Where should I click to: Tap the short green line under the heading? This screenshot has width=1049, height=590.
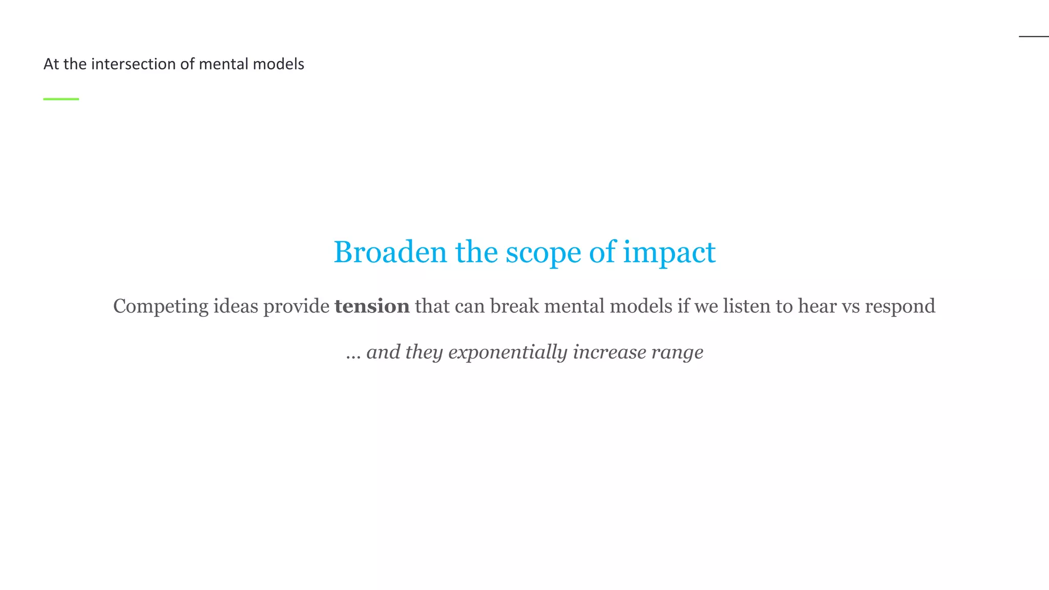(61, 99)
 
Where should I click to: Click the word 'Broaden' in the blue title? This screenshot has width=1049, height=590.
(390, 252)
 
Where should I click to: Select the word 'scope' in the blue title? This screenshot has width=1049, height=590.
(543, 253)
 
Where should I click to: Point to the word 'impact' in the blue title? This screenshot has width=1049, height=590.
(669, 253)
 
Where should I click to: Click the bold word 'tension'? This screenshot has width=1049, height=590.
(372, 306)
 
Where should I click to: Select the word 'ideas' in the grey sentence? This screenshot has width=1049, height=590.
(236, 306)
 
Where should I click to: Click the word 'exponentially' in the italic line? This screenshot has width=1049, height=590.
(508, 353)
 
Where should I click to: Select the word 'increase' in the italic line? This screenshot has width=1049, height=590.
(609, 352)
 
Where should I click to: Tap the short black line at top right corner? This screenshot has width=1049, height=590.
(1034, 36)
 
